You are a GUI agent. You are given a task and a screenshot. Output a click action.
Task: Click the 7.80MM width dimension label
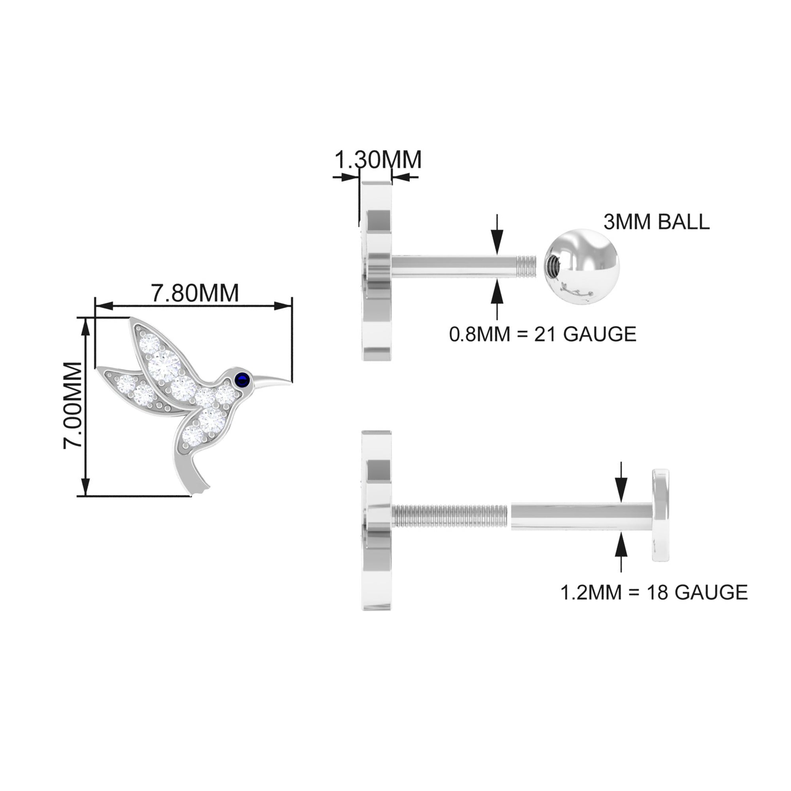[195, 293]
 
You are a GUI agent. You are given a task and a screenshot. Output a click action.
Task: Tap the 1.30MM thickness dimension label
[377, 160]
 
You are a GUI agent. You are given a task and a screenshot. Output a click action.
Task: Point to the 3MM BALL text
[656, 222]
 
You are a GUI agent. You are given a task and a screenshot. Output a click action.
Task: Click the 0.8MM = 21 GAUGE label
[543, 334]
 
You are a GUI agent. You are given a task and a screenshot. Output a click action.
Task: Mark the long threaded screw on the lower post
[450, 516]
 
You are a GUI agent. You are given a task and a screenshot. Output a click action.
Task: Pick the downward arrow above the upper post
[497, 237]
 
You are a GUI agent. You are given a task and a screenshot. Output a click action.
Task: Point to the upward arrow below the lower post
[621, 547]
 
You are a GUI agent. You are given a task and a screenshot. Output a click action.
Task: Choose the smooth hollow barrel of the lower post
[581, 516]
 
